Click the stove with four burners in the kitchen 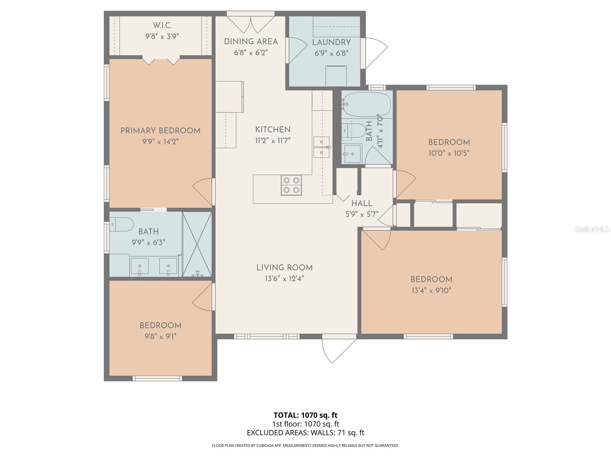pos(291,185)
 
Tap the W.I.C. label pos(162,26)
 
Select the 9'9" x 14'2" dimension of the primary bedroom pos(160,142)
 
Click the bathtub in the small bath pos(366,104)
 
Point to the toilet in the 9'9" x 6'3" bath pos(121,224)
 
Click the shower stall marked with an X pos(197,244)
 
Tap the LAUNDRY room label pos(331,42)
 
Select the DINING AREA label pos(251,42)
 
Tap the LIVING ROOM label pos(284,268)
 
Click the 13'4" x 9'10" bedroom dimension pos(431,290)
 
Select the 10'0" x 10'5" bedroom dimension pos(449,153)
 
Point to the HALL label pos(362,203)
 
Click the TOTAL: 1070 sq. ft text pos(305,415)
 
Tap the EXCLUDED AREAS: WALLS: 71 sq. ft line pos(305,433)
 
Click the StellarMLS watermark pos(592,229)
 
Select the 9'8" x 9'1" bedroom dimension pos(160,337)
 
